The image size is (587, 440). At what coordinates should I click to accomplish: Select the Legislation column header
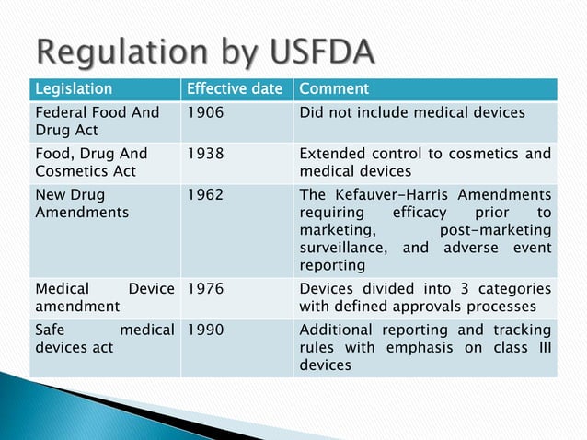click(73, 89)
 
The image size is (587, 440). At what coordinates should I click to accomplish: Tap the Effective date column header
click(236, 89)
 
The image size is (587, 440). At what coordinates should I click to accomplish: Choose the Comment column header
click(334, 89)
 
